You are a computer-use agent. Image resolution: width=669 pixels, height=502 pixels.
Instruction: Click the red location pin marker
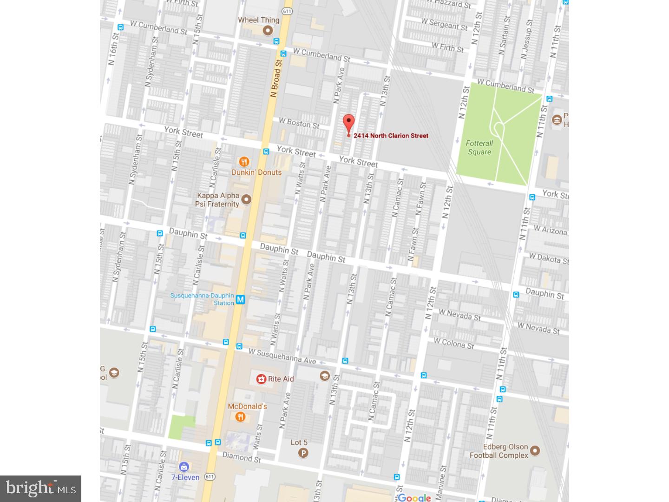coord(348,123)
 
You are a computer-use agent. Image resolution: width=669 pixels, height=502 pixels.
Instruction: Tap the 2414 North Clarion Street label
coord(391,136)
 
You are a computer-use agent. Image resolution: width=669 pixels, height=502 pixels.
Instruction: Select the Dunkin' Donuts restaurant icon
coord(244,162)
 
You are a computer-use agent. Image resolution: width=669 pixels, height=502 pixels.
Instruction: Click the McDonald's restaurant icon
coord(240,417)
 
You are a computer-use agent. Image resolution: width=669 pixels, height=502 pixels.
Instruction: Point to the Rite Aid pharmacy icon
coord(261,379)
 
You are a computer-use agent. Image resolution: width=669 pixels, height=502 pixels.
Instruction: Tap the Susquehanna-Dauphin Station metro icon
coord(240,300)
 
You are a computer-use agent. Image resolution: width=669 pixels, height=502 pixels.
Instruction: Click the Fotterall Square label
coord(479,147)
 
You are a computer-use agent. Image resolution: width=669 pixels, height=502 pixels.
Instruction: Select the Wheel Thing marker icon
coord(268,31)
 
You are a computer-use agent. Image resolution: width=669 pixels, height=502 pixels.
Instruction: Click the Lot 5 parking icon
coord(303,453)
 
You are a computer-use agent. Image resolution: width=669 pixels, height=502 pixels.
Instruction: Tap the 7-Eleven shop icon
coord(184,467)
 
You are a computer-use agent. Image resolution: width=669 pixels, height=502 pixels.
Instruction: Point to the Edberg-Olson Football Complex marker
coord(535,450)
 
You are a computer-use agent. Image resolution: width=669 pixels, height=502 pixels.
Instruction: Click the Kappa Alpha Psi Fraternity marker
coord(246,199)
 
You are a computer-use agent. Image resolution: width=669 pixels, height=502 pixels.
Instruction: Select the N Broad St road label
coord(276,78)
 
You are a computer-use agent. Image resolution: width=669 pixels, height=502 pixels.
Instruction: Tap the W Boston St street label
coord(299,123)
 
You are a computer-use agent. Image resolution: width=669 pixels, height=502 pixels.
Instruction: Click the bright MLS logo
coord(40,489)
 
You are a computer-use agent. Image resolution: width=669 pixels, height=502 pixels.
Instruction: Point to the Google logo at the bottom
coord(414,498)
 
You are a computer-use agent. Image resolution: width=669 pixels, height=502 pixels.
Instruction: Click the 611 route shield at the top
coord(287,11)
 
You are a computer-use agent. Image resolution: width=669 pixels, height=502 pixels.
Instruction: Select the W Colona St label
coord(453,344)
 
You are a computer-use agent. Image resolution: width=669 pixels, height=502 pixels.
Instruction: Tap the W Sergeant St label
coord(444,24)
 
